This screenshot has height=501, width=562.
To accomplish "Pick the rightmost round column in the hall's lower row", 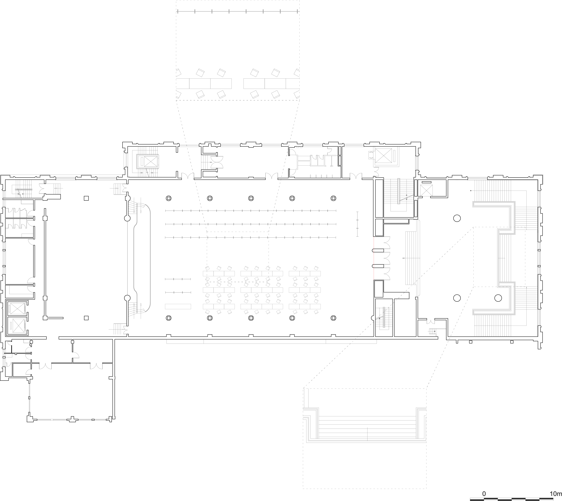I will coord(333,318).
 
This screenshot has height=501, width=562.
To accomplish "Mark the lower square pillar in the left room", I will coord(86,318).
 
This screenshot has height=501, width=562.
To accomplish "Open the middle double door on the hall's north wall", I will coord(272,176).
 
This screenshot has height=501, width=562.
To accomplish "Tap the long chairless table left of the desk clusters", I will coord(178,306).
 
